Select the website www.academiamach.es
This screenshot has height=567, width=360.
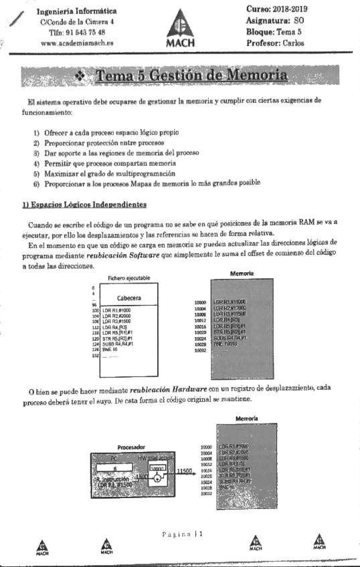[76, 42]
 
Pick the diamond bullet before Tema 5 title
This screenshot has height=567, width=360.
[81, 76]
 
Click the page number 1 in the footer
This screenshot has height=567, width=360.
[200, 534]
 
